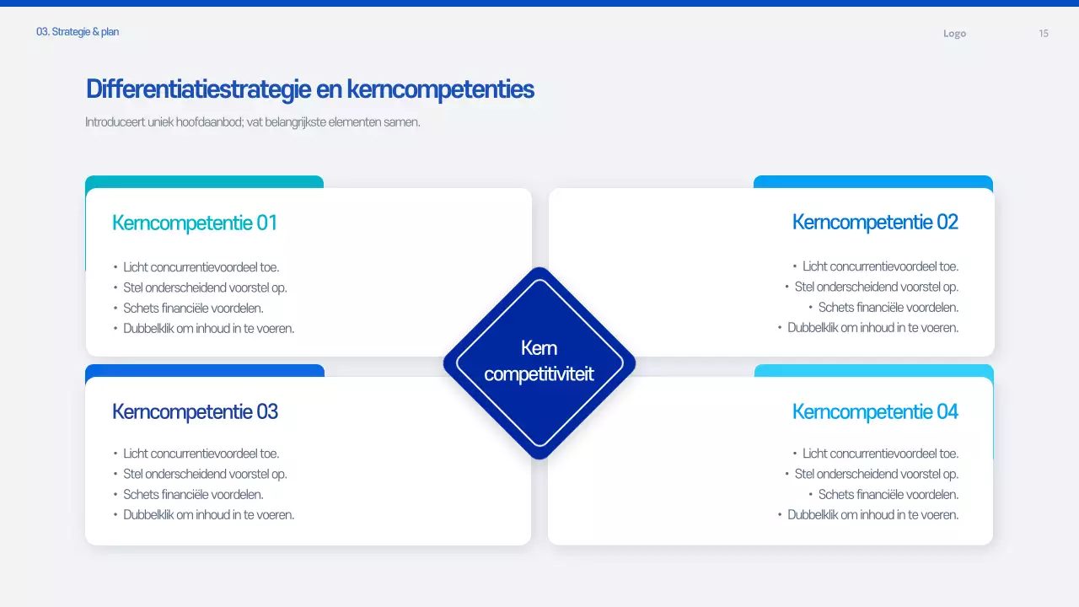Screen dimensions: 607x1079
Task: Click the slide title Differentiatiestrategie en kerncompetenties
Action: [x=309, y=89]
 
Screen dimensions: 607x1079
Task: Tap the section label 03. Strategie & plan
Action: [x=78, y=32]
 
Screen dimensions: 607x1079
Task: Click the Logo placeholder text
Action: [x=954, y=34]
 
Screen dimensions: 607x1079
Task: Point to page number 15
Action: [x=1044, y=34]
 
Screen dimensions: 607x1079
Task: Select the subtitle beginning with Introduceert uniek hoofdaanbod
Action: [x=252, y=122]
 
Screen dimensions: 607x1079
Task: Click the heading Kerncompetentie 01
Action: [x=194, y=223]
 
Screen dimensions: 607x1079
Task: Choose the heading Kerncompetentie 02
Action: [x=875, y=222]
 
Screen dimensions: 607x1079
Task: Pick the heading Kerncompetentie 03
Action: [x=195, y=411]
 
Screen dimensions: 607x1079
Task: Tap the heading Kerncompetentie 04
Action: [x=875, y=411]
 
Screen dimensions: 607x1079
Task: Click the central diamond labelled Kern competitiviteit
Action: [x=539, y=363]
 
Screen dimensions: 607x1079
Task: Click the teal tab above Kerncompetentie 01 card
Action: [x=204, y=181]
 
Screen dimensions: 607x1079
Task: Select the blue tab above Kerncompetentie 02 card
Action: [x=872, y=181]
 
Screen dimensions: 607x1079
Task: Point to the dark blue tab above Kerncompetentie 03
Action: [x=204, y=370]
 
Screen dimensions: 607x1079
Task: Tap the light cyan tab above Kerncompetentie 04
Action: [x=873, y=370]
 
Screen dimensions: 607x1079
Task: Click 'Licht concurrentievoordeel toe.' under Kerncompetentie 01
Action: [x=201, y=267]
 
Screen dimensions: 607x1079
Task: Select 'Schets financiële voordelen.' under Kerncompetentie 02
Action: [x=888, y=308]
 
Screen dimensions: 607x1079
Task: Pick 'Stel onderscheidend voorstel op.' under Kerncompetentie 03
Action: [x=205, y=474]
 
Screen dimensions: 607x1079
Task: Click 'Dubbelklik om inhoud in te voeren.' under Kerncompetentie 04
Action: [x=872, y=515]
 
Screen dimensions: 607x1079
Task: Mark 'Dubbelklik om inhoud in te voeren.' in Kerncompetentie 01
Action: [x=208, y=329]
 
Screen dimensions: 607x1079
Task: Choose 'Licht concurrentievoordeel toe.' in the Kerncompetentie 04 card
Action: [x=880, y=454]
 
